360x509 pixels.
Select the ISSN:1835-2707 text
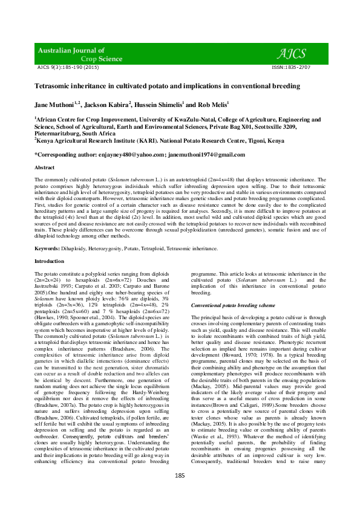pyautogui.click(x=292, y=68)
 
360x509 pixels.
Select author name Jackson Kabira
pyautogui.click(x=105, y=105)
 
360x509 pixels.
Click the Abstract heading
pyautogui.click(x=45, y=167)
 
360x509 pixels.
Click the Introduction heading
pyautogui.click(x=49, y=261)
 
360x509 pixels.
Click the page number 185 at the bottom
pyautogui.click(x=180, y=493)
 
